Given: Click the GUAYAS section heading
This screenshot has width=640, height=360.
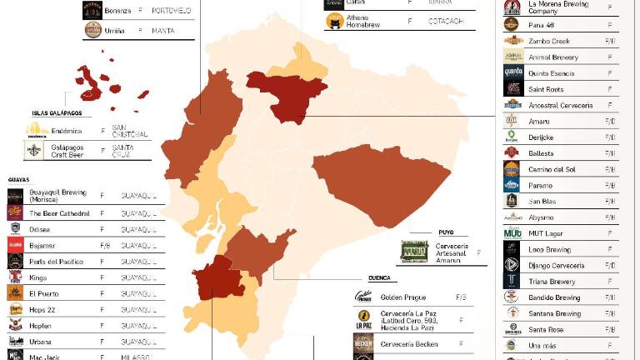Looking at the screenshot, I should [18, 179].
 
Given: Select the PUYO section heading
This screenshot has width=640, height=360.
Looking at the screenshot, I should [446, 233].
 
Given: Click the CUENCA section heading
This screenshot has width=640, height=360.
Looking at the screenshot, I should [379, 278].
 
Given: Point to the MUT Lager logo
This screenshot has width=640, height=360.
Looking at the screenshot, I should [512, 233].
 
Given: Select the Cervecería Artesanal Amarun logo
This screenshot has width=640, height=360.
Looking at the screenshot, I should [414, 252].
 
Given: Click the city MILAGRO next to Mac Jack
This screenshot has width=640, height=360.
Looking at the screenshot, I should [137, 357].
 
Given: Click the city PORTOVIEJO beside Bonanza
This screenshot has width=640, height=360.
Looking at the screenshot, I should [172, 11].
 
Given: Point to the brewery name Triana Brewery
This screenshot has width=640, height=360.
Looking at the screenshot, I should [551, 282].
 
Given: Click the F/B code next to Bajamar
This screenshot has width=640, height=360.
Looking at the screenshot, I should [105, 246].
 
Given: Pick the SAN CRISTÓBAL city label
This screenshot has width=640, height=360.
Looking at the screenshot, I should [130, 131].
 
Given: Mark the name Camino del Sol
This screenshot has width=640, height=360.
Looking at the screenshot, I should [552, 169].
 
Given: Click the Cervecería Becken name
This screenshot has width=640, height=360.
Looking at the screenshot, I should [408, 344].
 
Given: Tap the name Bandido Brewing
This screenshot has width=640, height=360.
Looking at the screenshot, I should [554, 297].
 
